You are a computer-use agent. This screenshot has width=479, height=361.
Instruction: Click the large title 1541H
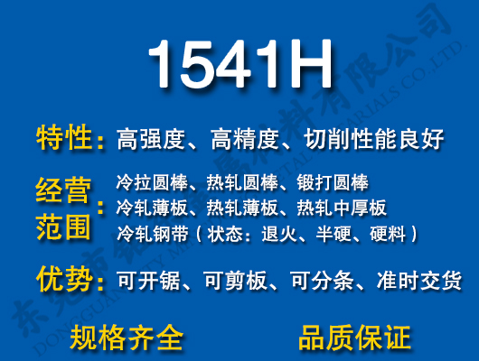(x=239, y=65)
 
